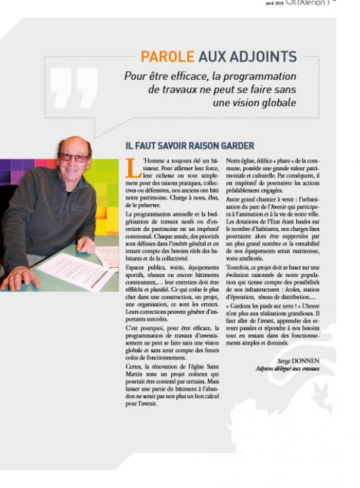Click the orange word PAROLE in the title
coord(168,57)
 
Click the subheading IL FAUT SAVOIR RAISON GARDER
coord(190,146)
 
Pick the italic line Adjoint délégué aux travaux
coord(287,369)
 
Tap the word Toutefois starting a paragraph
coord(239,267)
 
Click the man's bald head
coord(74,143)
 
